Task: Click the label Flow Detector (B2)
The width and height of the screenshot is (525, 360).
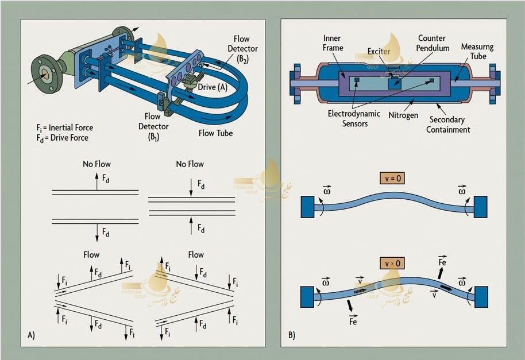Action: [x=242, y=49]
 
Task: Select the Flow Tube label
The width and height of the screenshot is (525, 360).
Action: [x=217, y=134]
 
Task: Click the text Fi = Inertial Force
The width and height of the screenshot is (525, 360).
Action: [x=64, y=127]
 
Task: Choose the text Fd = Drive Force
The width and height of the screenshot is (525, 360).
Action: [x=61, y=138]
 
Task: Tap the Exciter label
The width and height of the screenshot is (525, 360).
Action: [x=379, y=52]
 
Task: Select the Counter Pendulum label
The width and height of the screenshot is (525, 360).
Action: [x=434, y=44]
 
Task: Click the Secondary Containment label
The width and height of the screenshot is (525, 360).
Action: [x=449, y=125]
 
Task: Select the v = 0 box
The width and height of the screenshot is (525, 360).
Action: [x=392, y=178]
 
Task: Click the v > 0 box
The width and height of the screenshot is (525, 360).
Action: [x=392, y=264]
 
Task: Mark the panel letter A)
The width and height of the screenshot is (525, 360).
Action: [x=30, y=335]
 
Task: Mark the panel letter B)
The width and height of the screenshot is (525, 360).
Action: [x=291, y=335]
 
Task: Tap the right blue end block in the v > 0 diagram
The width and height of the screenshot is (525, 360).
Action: [x=481, y=297]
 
